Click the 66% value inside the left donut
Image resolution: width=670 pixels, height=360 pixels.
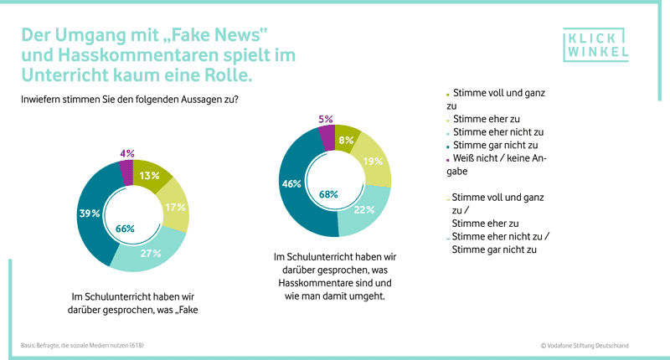[x=125, y=229]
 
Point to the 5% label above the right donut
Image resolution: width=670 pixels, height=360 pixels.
[x=326, y=119]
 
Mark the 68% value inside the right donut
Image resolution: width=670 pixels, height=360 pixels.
[x=328, y=194]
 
